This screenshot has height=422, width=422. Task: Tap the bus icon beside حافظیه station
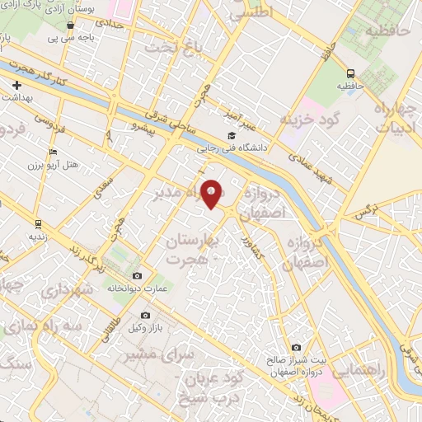351,73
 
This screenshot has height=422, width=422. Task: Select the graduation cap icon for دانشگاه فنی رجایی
232,136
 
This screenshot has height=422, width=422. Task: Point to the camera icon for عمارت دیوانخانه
137,275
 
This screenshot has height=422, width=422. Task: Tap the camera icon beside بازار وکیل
145,315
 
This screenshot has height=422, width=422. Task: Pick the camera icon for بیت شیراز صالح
296,348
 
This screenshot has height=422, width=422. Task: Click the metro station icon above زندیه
38,223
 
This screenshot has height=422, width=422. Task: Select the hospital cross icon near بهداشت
16,85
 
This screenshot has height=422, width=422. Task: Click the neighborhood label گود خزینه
311,120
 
